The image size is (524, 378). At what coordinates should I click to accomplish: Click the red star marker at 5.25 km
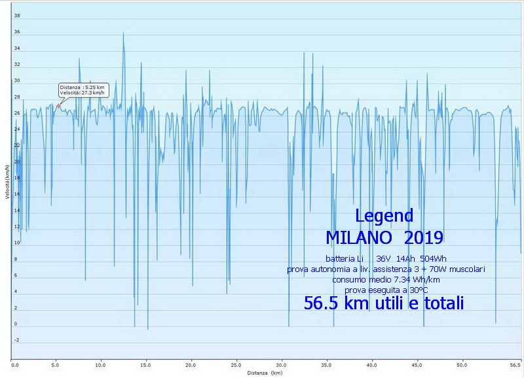(x=58, y=105)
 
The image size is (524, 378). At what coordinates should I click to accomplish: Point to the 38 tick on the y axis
(x=17, y=16)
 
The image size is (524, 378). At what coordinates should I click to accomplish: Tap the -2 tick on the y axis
(x=17, y=340)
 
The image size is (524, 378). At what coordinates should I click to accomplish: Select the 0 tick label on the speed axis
(x=17, y=324)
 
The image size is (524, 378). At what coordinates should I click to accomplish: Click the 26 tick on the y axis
(x=17, y=113)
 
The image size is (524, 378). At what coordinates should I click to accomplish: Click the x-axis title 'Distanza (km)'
(x=265, y=373)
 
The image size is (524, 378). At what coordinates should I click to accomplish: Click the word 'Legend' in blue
(x=384, y=216)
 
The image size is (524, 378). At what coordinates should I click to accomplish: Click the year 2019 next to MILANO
(x=423, y=236)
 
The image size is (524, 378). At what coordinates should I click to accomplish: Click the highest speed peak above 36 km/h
(x=123, y=33)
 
